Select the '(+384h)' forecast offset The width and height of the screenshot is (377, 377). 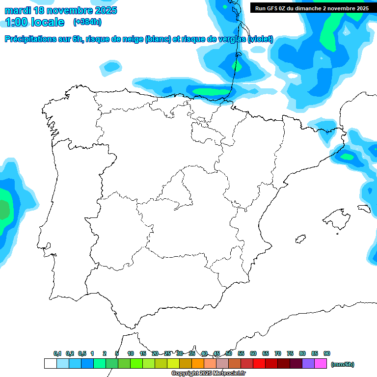(87, 22)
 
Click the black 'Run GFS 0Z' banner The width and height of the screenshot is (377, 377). (312, 8)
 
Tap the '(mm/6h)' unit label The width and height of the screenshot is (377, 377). (343, 364)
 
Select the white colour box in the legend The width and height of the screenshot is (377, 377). (50, 364)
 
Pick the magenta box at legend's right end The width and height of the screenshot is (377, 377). (321, 364)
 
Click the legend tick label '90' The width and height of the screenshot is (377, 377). (327, 353)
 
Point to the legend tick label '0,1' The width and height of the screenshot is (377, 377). (57, 353)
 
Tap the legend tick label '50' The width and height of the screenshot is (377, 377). (229, 353)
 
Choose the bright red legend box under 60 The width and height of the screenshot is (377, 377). (259, 364)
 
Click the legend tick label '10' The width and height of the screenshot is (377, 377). (131, 353)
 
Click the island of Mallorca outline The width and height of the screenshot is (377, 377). (337, 216)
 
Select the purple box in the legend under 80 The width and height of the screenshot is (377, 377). (308, 364)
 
